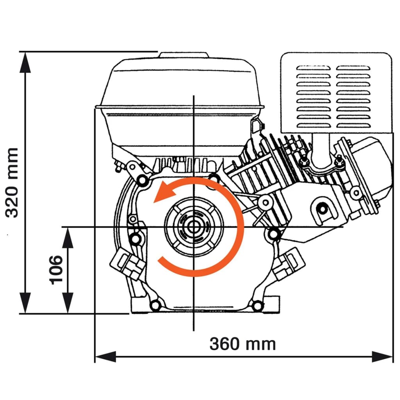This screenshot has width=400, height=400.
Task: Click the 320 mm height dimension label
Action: point(12,182)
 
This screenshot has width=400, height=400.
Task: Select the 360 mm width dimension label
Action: point(243,344)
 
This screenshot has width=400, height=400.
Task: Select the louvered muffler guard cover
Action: point(336,92)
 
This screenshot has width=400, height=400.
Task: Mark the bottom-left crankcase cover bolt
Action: point(155,305)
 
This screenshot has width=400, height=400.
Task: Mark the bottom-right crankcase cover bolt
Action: point(257,305)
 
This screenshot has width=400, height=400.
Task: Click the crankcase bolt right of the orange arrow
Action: point(273,234)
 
